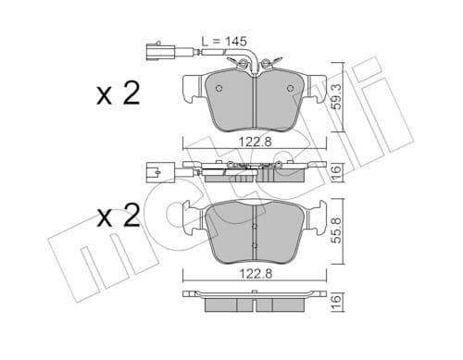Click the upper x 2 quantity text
click(x=118, y=94)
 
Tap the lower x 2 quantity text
click(x=118, y=218)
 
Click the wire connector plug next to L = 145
click(x=157, y=43)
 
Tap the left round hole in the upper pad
click(x=219, y=90)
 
